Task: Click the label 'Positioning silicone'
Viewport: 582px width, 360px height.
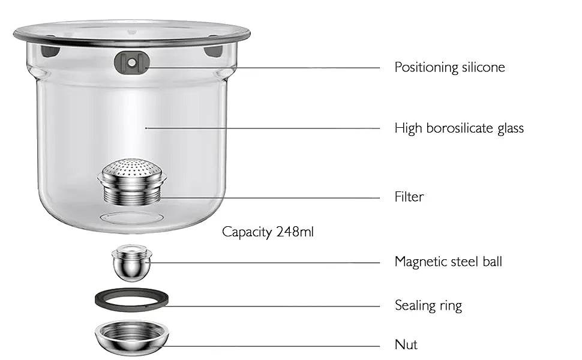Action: (449, 67)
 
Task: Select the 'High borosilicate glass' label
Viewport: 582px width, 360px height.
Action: (459, 128)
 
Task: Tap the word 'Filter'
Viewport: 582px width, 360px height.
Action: (409, 197)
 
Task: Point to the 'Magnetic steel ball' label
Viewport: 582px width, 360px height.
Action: (448, 262)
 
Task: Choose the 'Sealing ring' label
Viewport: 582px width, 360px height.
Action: (428, 305)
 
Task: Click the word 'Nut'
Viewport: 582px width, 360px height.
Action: (406, 345)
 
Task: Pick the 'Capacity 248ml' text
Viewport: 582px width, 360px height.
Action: (268, 232)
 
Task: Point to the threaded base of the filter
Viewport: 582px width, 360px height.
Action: (131, 192)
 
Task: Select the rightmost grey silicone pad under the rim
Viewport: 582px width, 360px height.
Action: (213, 51)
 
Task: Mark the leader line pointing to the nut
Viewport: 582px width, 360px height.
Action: (270, 346)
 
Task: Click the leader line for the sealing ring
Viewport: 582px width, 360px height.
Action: (270, 306)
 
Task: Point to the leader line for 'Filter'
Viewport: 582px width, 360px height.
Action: (270, 197)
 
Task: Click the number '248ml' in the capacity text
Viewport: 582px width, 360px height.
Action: (294, 232)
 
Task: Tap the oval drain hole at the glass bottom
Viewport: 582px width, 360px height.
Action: (131, 218)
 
